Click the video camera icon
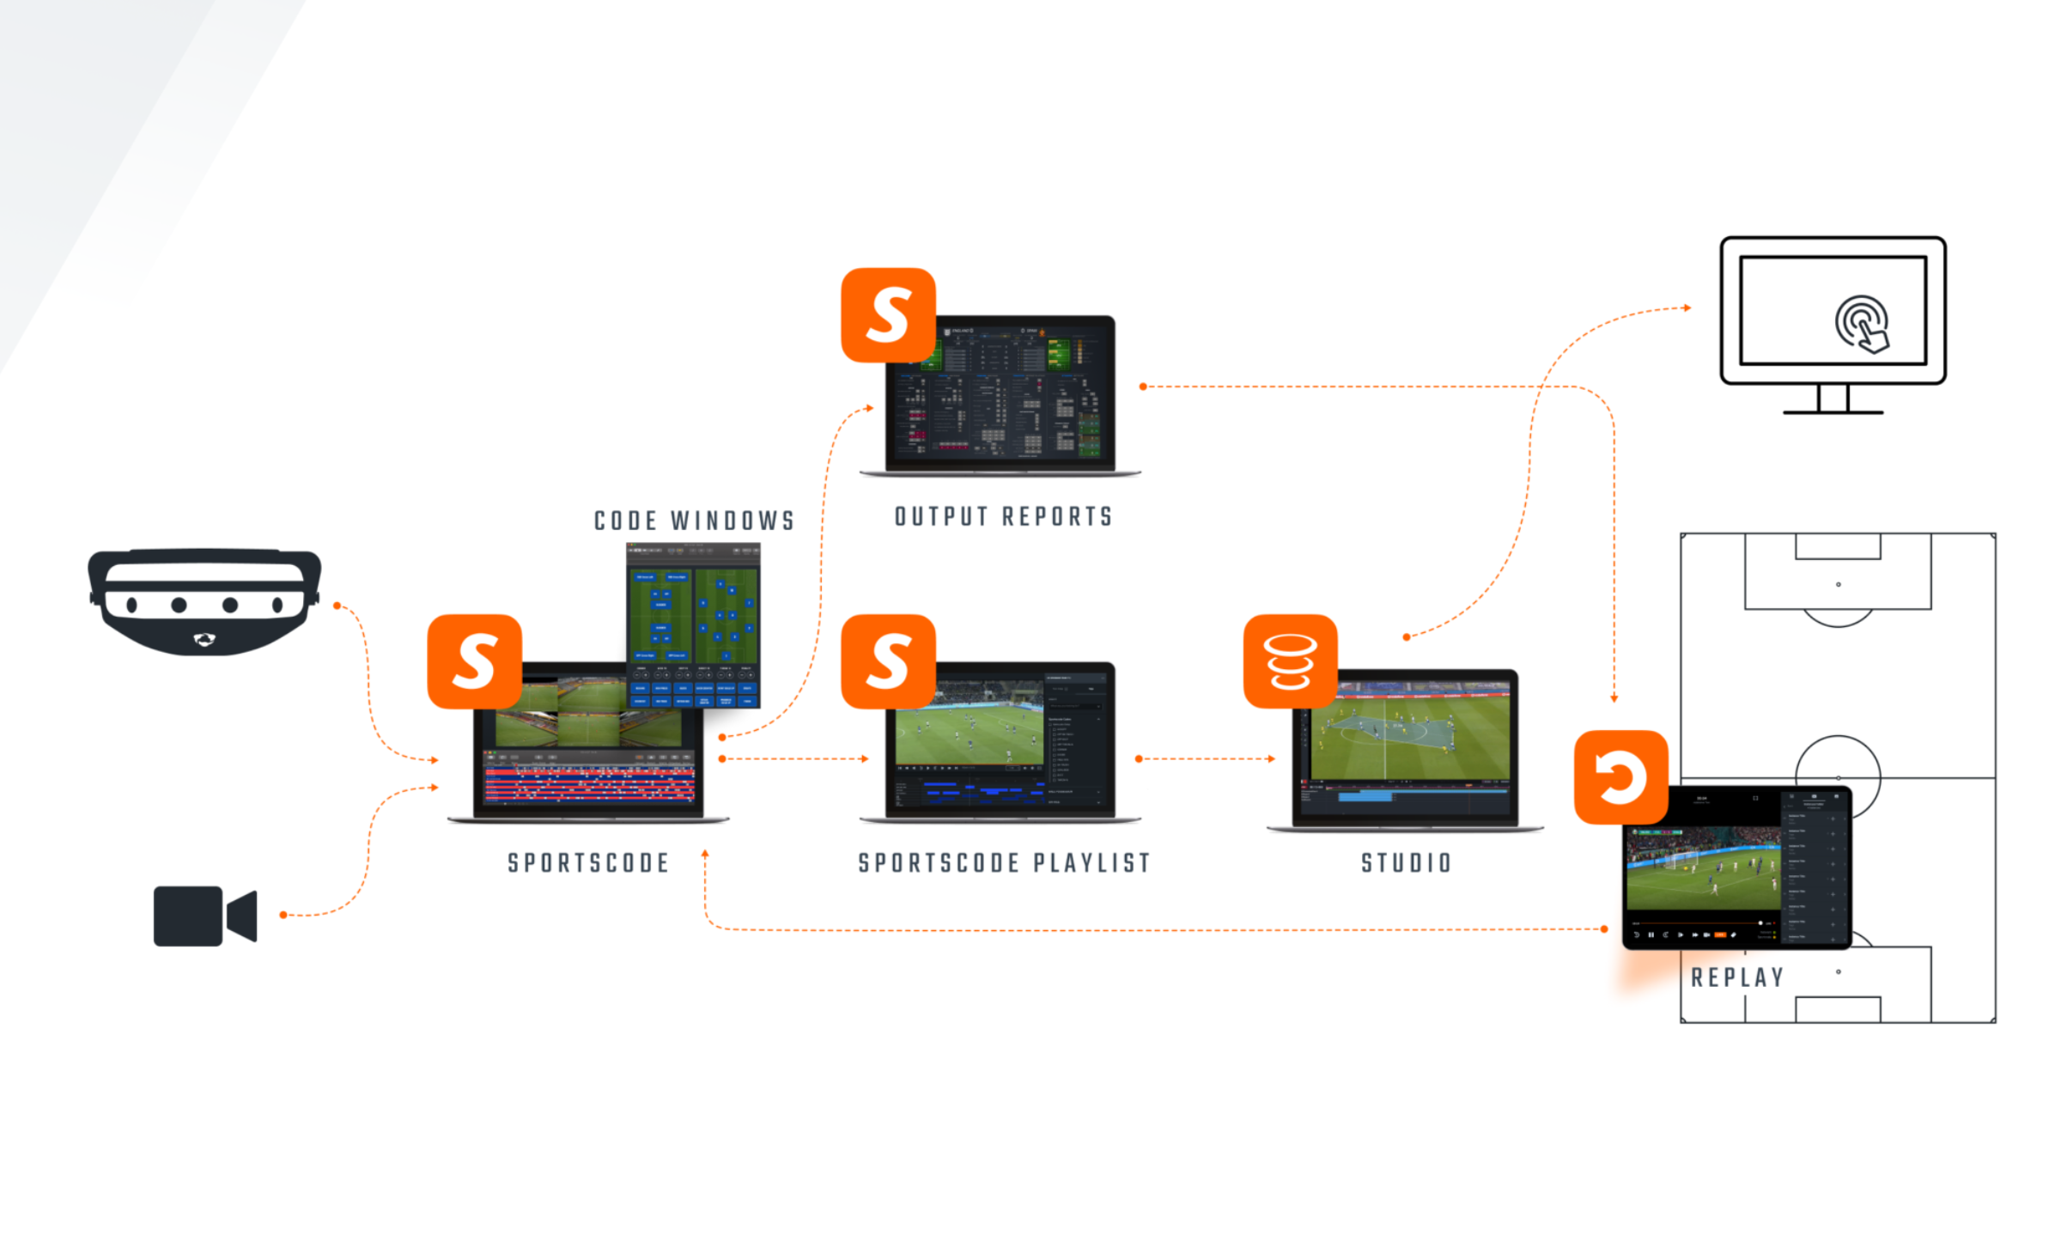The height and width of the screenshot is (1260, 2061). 204,916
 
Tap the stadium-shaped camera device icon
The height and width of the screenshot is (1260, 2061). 204,601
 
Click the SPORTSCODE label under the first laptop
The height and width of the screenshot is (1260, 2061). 588,863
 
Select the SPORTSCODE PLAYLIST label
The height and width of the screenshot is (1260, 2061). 1004,863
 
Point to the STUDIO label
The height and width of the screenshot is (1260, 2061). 1406,863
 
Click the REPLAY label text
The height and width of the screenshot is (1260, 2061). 1737,977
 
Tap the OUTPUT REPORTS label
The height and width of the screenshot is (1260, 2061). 1004,517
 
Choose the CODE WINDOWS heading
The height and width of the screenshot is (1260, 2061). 694,520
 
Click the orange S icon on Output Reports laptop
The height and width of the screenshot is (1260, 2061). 888,315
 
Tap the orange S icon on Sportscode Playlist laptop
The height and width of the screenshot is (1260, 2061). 888,661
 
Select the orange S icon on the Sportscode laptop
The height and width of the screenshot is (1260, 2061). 474,661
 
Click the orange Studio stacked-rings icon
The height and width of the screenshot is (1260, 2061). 1290,661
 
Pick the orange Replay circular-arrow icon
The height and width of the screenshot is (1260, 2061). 1620,777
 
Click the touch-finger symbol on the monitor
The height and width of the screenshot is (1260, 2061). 1862,324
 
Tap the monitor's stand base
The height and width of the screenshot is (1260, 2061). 1833,412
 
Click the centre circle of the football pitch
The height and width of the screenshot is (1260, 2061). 1838,777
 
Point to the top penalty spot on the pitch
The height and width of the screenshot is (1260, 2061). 1838,584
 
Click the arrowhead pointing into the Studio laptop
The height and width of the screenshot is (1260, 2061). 1272,758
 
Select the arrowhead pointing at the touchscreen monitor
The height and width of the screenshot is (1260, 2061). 1687,307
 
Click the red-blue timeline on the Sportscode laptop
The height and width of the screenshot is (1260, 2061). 589,784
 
